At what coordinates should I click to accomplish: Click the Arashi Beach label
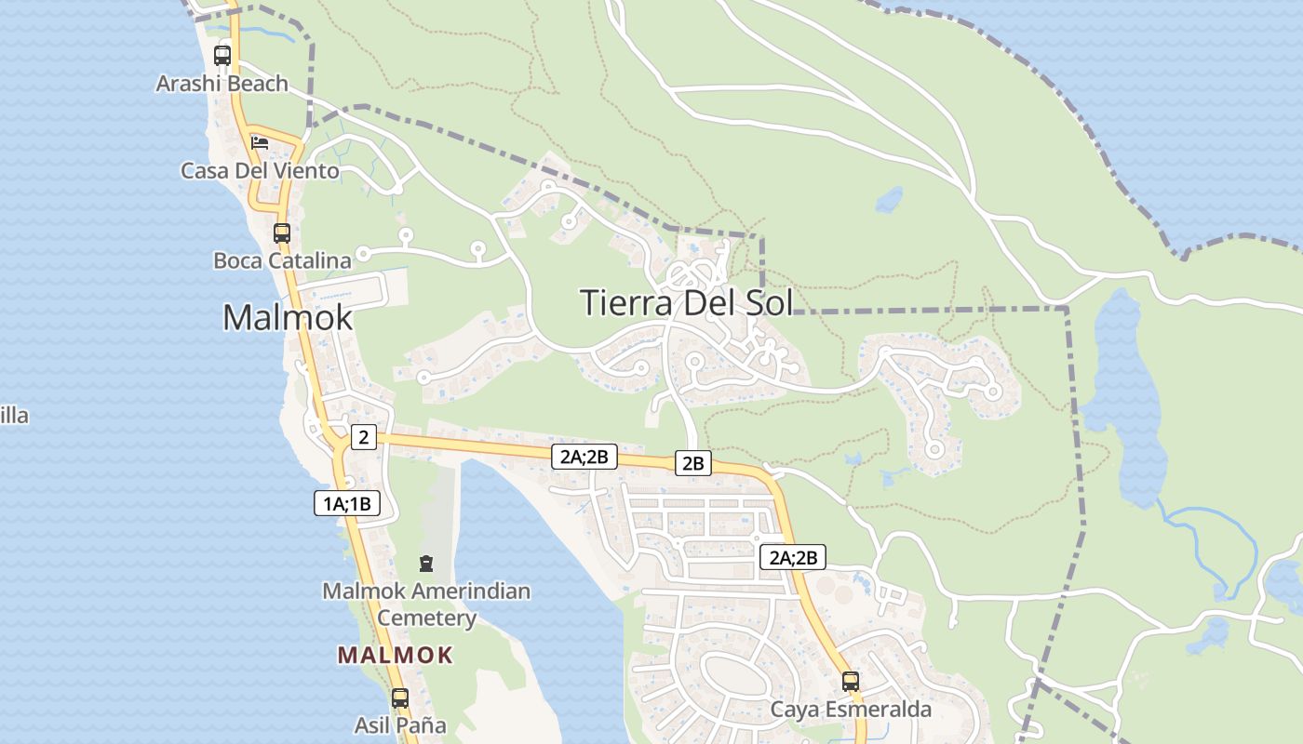pyautogui.click(x=222, y=84)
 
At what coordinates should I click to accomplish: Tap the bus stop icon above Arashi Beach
pyautogui.click(x=222, y=55)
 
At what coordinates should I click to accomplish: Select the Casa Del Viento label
pyautogui.click(x=260, y=171)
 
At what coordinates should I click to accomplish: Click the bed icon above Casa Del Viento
pyautogui.click(x=260, y=142)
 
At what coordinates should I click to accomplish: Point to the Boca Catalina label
pyautogui.click(x=282, y=260)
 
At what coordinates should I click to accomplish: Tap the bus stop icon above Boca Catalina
pyautogui.click(x=282, y=232)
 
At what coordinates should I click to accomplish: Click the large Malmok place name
pyautogui.click(x=288, y=317)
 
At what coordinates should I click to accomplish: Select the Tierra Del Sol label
pyautogui.click(x=686, y=302)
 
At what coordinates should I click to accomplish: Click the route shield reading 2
pyautogui.click(x=364, y=436)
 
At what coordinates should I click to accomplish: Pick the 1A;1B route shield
pyautogui.click(x=347, y=504)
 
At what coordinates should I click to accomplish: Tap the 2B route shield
pyautogui.click(x=692, y=463)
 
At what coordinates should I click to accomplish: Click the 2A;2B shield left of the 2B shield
pyautogui.click(x=584, y=456)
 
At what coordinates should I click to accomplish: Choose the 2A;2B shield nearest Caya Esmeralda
pyautogui.click(x=793, y=557)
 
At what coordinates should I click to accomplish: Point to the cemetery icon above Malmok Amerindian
pyautogui.click(x=426, y=563)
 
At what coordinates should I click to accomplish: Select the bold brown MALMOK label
pyautogui.click(x=395, y=655)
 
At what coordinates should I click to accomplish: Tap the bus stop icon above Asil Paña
pyautogui.click(x=400, y=697)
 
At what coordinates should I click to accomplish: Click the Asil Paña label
pyautogui.click(x=400, y=724)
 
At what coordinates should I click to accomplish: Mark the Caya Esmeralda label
pyautogui.click(x=851, y=710)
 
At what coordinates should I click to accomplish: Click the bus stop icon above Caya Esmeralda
pyautogui.click(x=851, y=681)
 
